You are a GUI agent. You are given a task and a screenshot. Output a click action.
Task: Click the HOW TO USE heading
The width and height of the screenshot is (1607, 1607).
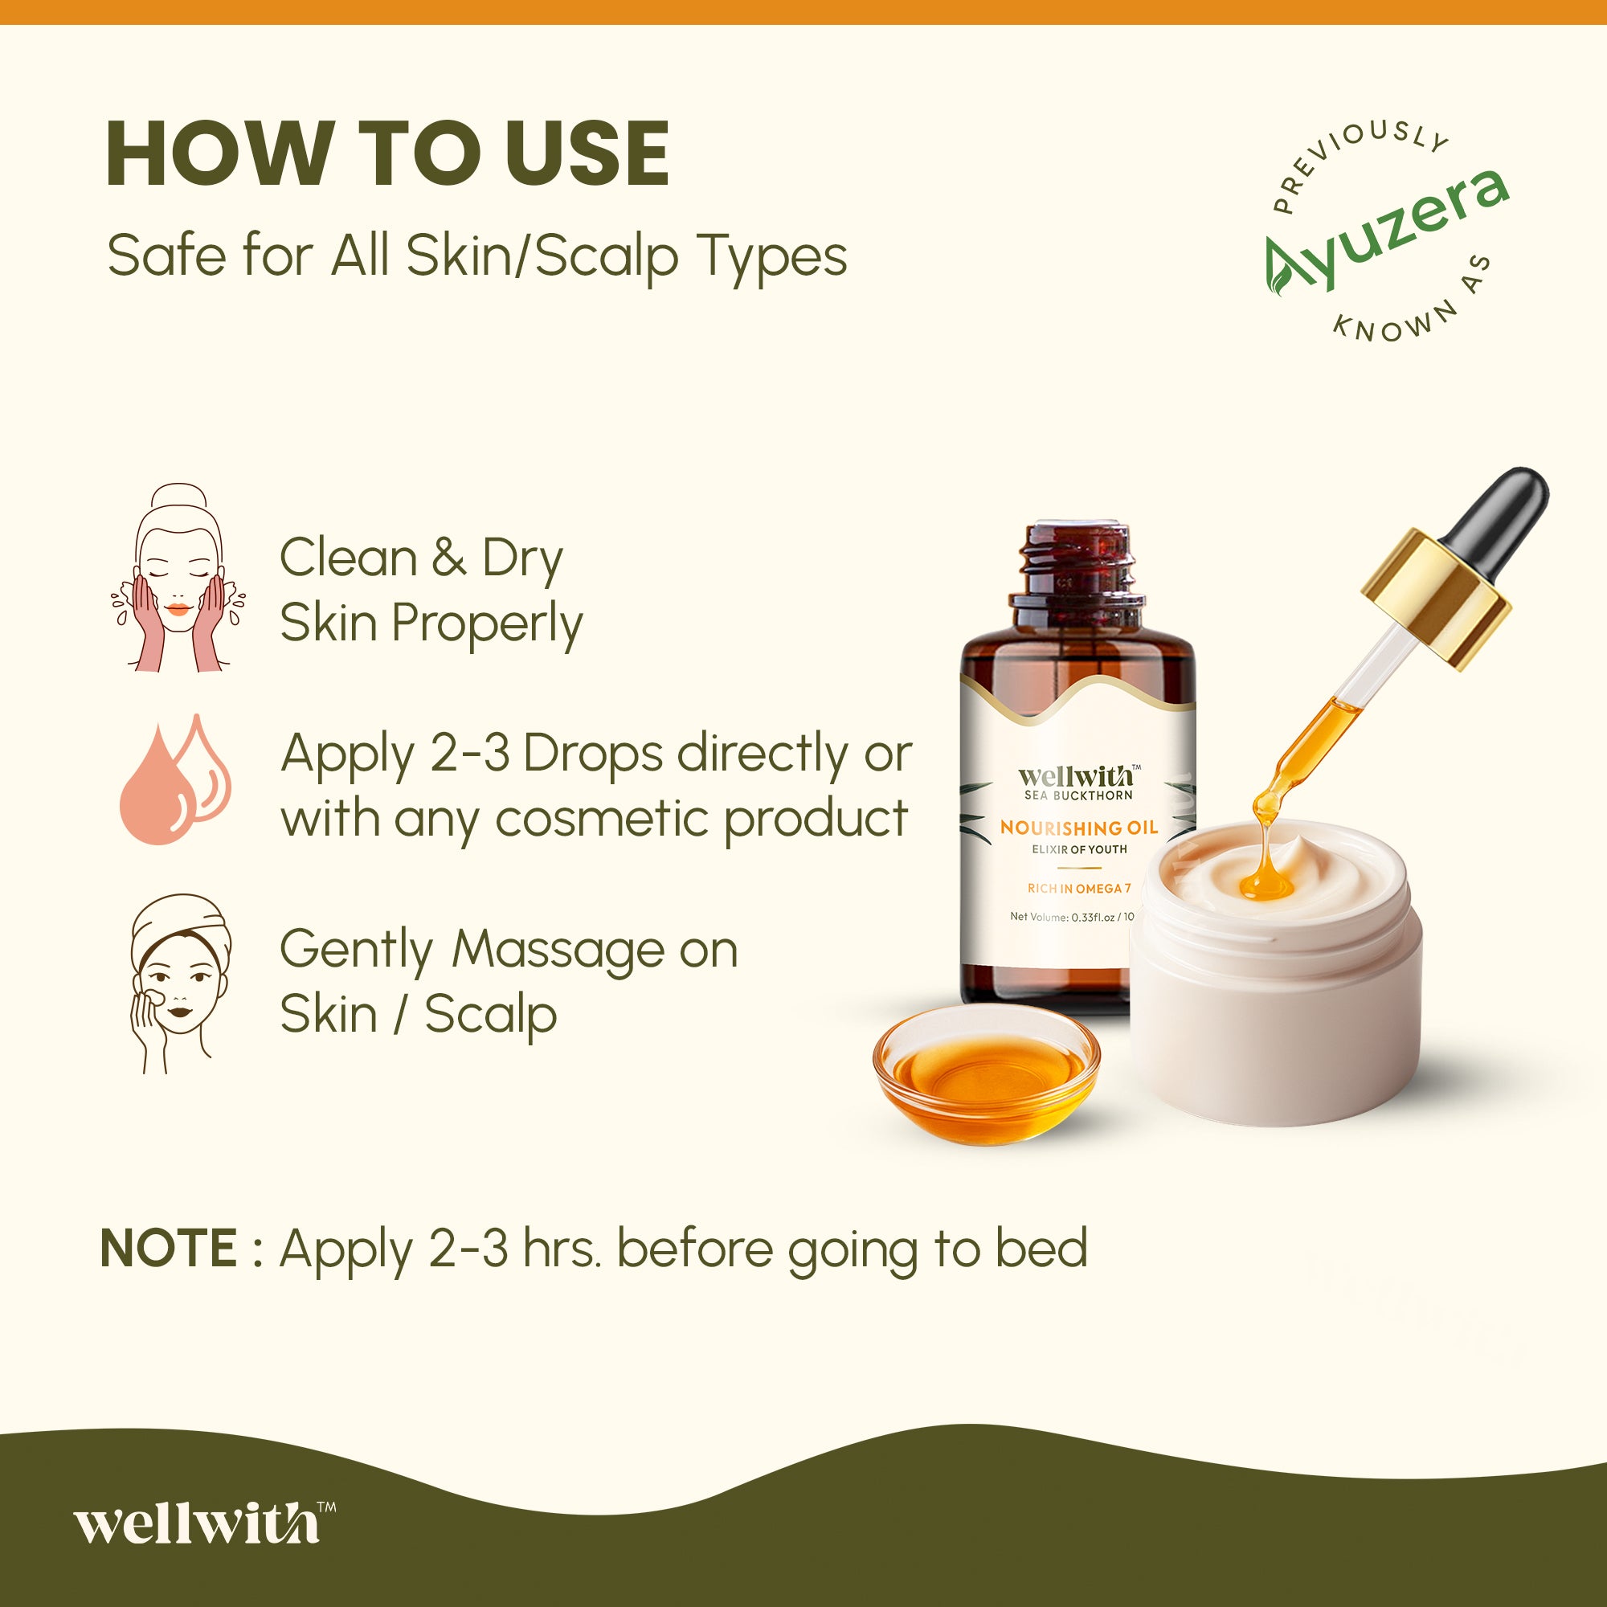(386, 154)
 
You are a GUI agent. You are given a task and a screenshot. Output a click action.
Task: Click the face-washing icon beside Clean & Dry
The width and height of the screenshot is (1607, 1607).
(178, 578)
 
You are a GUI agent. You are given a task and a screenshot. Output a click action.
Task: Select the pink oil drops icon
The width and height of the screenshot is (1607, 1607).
(174, 782)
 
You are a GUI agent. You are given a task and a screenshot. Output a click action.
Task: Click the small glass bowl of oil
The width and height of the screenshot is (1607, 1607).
(986, 1073)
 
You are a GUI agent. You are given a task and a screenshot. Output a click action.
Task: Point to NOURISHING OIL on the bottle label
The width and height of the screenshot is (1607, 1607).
(1078, 828)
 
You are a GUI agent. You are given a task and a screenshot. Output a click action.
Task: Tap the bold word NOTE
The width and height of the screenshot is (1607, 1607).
(169, 1249)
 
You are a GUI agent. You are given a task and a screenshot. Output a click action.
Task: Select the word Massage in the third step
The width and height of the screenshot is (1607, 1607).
(558, 950)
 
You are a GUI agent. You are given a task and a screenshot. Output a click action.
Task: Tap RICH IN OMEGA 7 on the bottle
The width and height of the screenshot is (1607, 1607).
(1079, 889)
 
